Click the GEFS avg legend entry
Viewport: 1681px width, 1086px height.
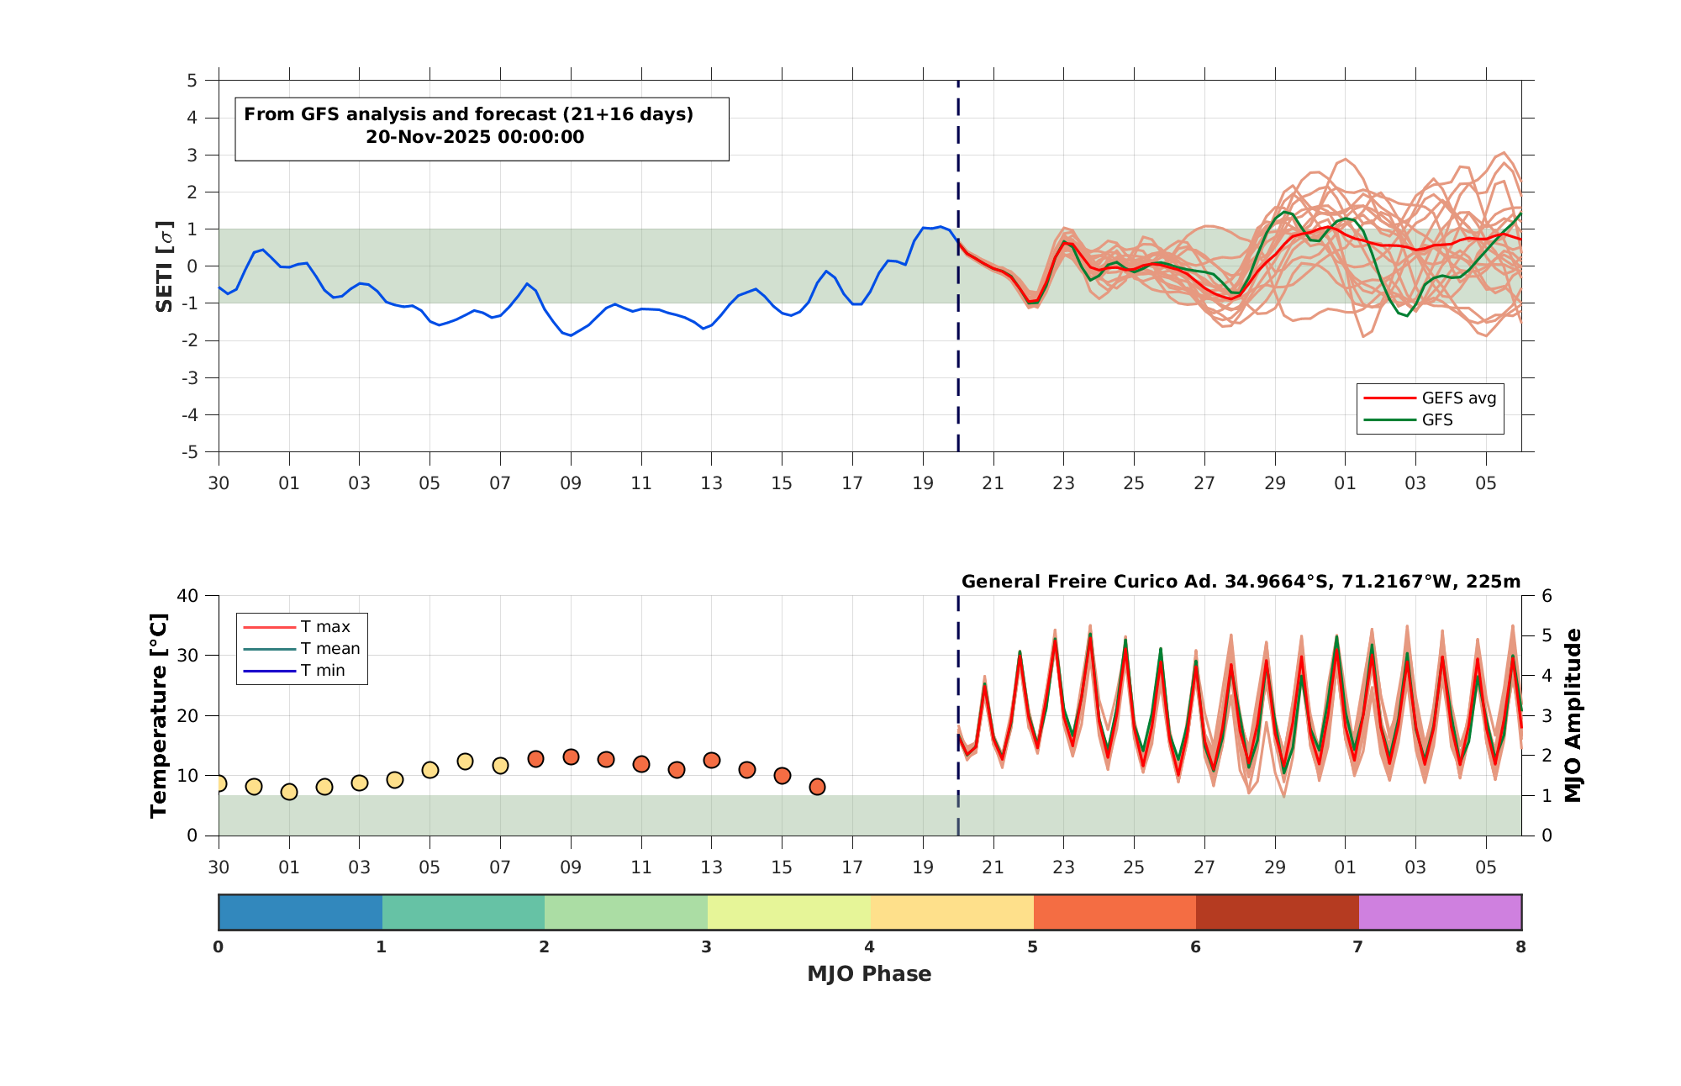pyautogui.click(x=1430, y=398)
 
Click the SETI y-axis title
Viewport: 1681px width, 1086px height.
pyautogui.click(x=165, y=266)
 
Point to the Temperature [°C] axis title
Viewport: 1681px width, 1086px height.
pyautogui.click(x=159, y=715)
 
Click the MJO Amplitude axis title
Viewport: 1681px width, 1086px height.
pyautogui.click(x=1573, y=715)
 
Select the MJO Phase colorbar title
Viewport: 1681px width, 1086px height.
pyautogui.click(x=869, y=973)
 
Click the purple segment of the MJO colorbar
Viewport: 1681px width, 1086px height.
pyautogui.click(x=1440, y=912)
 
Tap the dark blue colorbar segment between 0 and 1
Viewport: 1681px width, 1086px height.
pyautogui.click(x=300, y=912)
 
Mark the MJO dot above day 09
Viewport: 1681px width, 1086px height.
pyautogui.click(x=571, y=757)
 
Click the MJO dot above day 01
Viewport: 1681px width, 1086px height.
pyautogui.click(x=289, y=791)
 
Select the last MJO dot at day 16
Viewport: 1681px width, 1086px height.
pyautogui.click(x=817, y=786)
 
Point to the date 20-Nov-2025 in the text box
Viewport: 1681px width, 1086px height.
pyautogui.click(x=475, y=137)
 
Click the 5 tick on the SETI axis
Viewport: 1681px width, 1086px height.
pyautogui.click(x=192, y=81)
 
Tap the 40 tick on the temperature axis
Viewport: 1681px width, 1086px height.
pyautogui.click(x=187, y=596)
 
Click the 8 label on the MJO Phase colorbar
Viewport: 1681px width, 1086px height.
pyautogui.click(x=1520, y=947)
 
